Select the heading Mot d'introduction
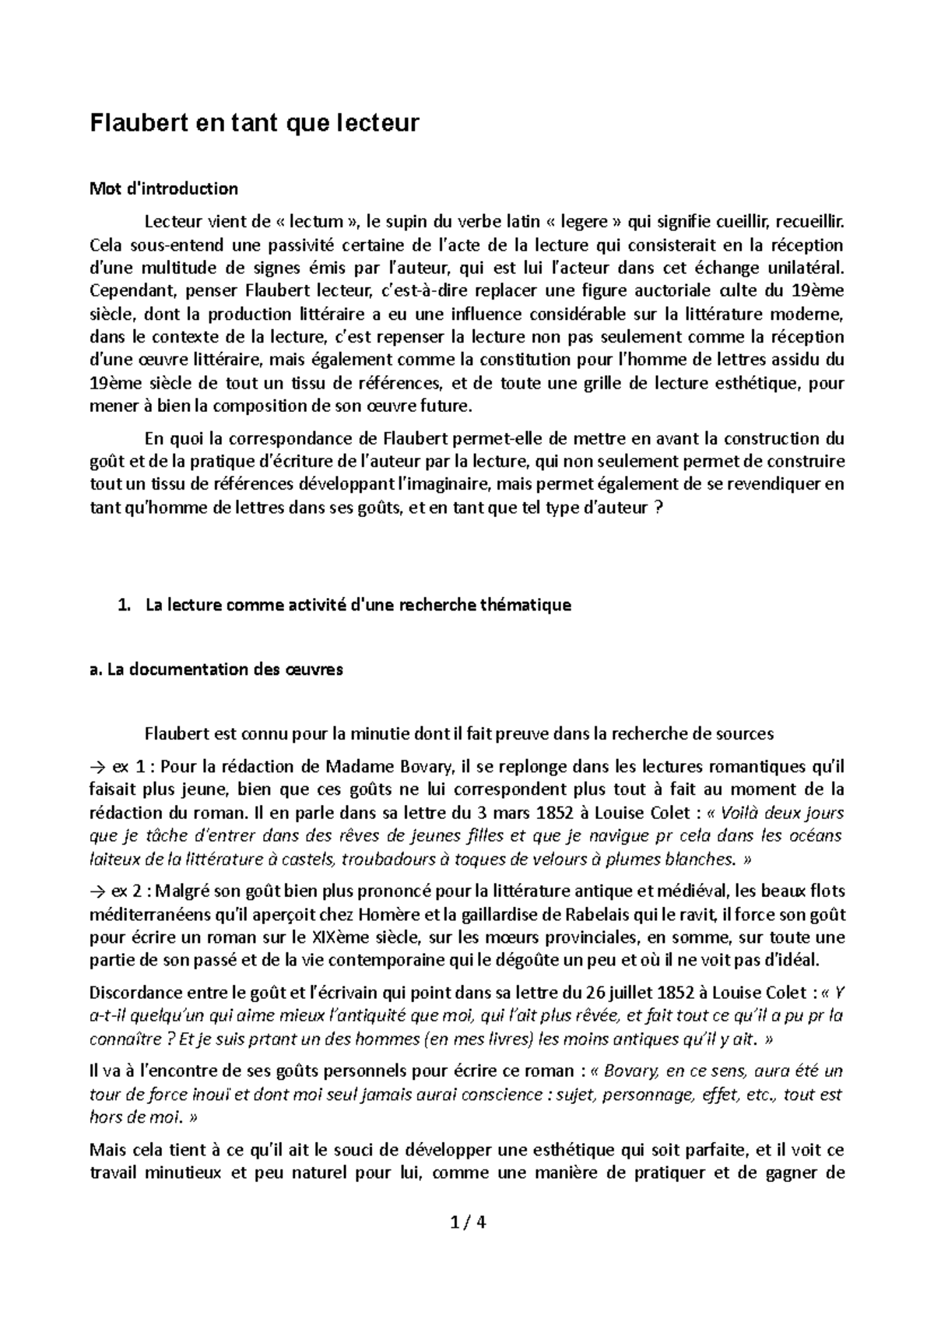coord(164,188)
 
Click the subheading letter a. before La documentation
coord(97,670)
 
